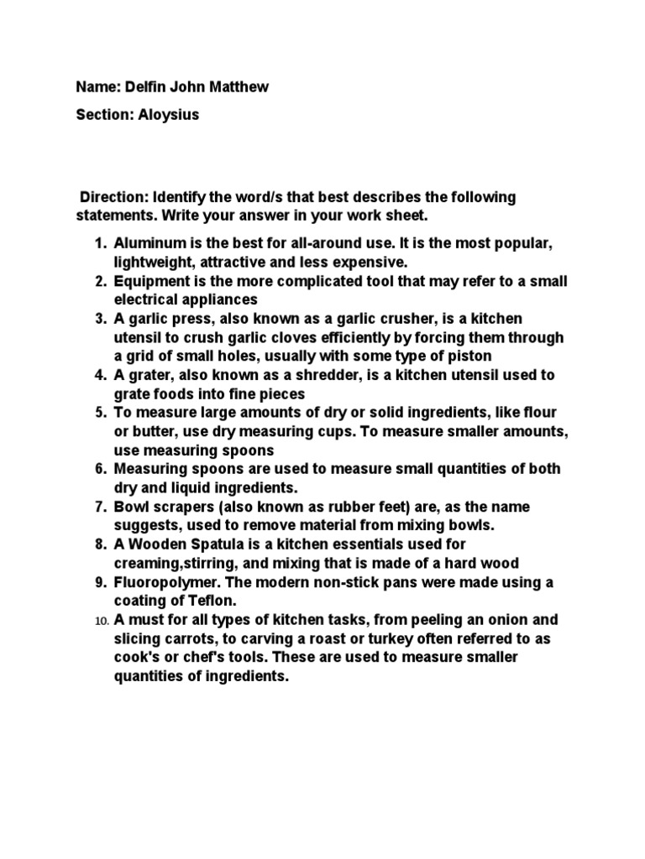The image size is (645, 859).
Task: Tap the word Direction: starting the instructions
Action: tap(113, 197)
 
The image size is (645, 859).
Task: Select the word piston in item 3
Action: tap(470, 356)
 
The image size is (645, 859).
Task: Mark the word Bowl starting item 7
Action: tap(131, 507)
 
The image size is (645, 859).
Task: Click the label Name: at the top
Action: tap(96, 87)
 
